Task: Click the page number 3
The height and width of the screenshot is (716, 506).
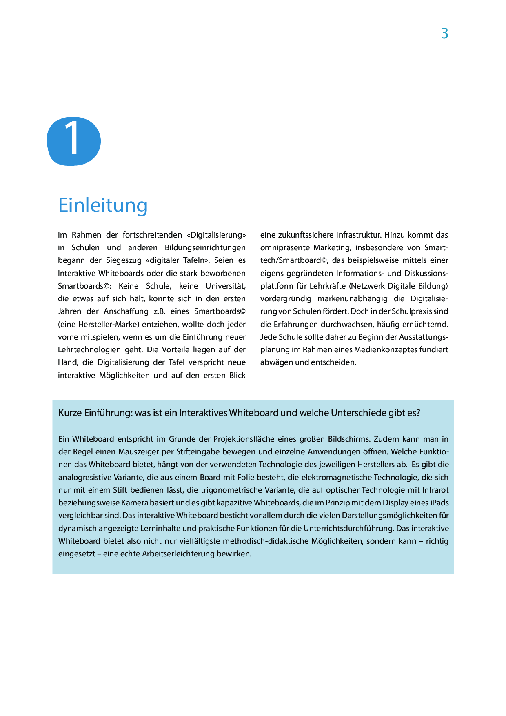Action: (x=444, y=33)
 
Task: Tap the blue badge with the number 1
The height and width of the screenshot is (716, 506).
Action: (x=74, y=141)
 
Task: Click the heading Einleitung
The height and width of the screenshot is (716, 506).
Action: (x=103, y=205)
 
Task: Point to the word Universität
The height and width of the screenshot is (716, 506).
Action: (x=225, y=286)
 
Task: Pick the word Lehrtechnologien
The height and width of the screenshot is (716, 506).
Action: (x=89, y=349)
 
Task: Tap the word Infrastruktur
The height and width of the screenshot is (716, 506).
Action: (x=359, y=235)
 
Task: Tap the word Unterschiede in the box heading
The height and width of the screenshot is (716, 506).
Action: (x=358, y=413)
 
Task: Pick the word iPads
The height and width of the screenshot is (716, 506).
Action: (x=439, y=503)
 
